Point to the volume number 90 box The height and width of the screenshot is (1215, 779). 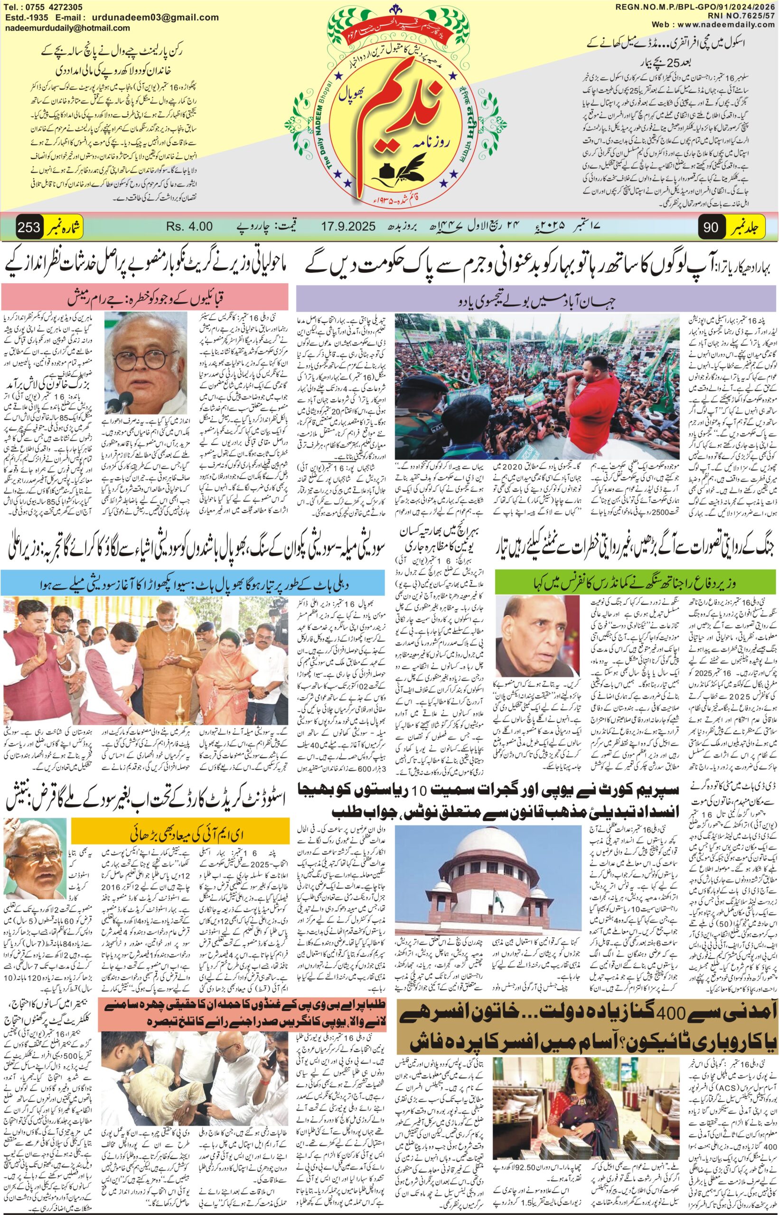[x=710, y=227]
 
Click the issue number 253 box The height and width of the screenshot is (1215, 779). [x=29, y=227]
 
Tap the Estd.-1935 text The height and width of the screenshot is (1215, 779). [x=24, y=18]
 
